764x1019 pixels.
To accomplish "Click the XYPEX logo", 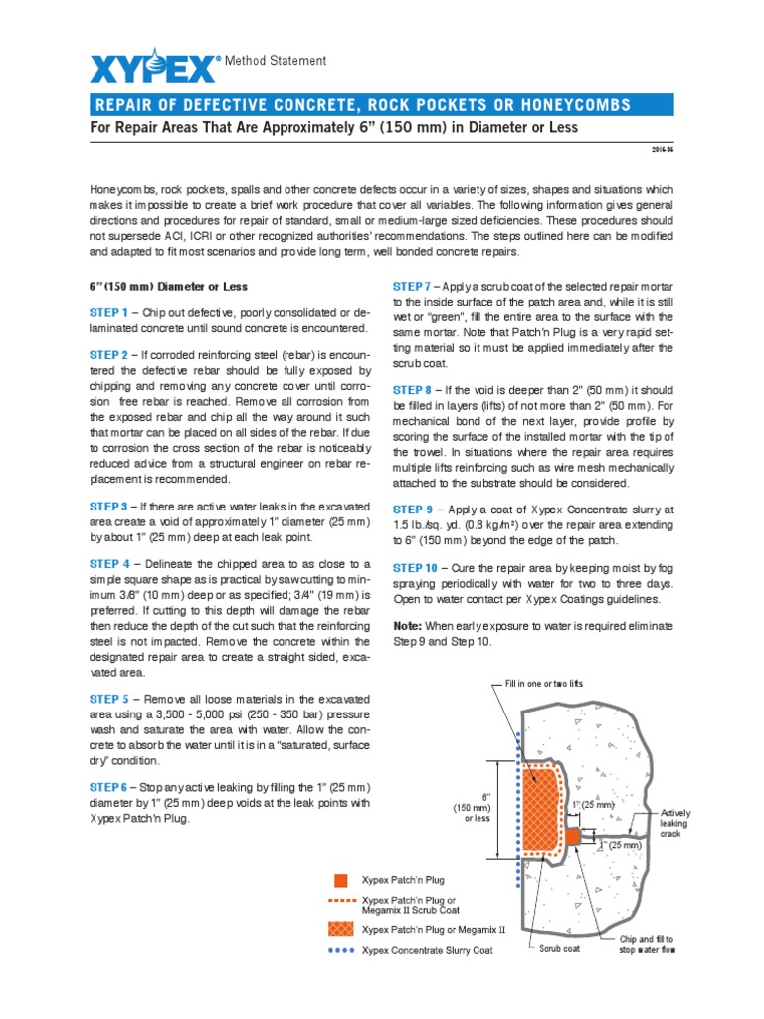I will click(152, 68).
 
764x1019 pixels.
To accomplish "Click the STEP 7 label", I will click(412, 286).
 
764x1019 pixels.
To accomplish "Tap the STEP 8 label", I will click(412, 390).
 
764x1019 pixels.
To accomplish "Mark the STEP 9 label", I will click(412, 509).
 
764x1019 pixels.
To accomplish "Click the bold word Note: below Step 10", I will click(409, 626).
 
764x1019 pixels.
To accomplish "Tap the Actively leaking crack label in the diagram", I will click(675, 823).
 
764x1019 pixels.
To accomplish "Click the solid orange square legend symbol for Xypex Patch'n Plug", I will click(341, 880).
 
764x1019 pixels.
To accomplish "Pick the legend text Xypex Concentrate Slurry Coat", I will click(428, 950).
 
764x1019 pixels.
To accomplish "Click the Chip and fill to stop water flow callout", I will click(647, 944).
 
